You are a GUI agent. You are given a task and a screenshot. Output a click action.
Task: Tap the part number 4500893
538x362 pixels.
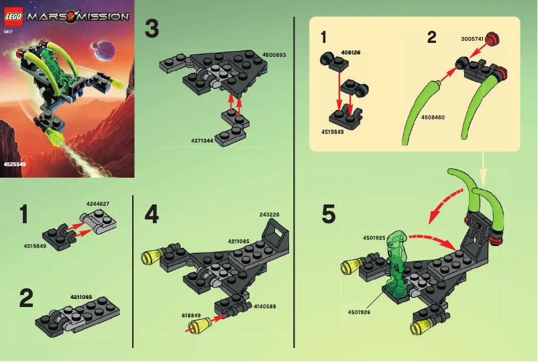(x=272, y=55)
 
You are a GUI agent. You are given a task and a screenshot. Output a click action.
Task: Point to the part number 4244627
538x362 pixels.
(x=97, y=203)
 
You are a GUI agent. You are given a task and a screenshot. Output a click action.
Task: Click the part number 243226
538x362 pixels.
(x=268, y=215)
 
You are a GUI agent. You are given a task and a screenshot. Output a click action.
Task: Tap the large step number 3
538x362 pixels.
(x=152, y=29)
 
